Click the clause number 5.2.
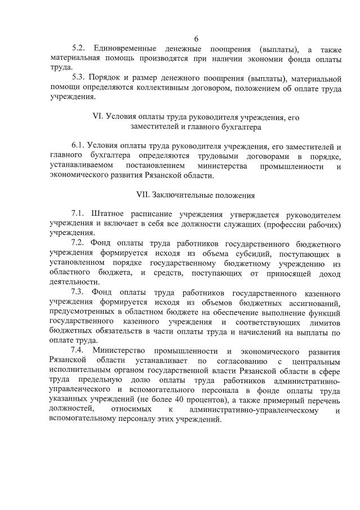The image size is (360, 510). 79,48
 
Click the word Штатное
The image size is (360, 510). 109,215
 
